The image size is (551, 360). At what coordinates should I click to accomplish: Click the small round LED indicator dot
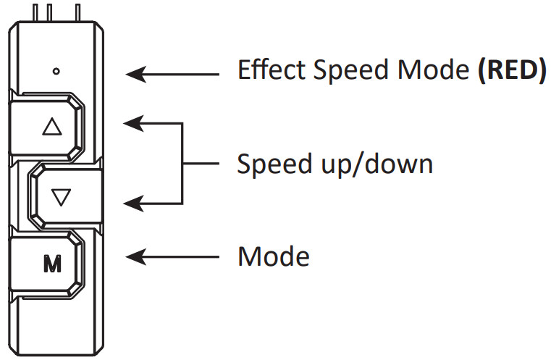point(56,72)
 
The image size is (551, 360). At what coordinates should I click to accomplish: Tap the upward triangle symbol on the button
point(52,127)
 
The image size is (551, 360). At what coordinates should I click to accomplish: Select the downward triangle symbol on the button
point(61,197)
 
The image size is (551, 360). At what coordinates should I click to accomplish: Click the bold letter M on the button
point(52,264)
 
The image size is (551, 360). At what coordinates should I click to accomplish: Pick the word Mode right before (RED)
point(434,70)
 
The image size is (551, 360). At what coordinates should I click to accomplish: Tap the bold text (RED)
point(513,70)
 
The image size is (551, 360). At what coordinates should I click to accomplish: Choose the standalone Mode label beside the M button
point(274,256)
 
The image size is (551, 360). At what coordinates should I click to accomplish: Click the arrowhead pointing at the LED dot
point(136,74)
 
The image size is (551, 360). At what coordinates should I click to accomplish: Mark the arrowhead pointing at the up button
point(134,123)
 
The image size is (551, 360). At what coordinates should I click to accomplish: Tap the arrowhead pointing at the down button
point(134,204)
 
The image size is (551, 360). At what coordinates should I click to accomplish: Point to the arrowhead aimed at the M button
point(136,257)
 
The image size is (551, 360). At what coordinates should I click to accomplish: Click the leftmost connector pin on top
point(35,12)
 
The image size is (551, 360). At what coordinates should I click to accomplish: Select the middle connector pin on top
point(49,12)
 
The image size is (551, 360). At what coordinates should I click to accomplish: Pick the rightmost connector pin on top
point(78,12)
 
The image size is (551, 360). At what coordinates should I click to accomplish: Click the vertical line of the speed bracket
point(182,164)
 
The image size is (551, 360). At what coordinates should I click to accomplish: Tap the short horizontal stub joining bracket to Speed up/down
point(201,164)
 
